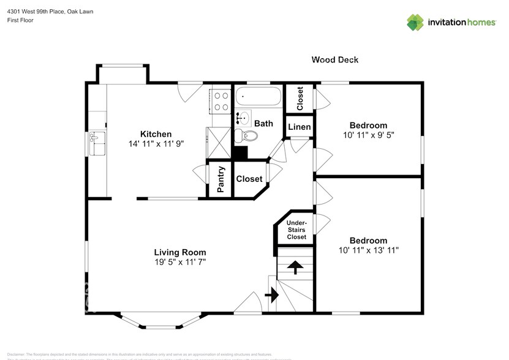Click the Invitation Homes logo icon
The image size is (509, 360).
coord(416,22)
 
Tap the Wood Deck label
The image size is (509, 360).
coord(334,59)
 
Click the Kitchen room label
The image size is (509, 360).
coord(156,134)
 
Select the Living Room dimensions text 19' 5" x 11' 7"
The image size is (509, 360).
coord(179,263)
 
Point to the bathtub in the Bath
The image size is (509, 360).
coord(258,97)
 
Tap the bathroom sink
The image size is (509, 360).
coord(243,118)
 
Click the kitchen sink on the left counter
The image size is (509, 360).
coord(97,144)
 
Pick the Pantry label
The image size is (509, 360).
coord(221,179)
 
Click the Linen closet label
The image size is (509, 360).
coord(300,127)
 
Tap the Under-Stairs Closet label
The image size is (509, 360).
coord(296,230)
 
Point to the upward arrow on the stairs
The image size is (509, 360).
coord(295,267)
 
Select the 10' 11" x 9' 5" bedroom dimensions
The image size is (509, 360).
coord(368,135)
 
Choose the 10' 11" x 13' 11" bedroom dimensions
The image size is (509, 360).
coord(368,250)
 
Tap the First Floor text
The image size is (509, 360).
coord(20,20)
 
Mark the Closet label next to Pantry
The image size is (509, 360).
coord(249,179)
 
